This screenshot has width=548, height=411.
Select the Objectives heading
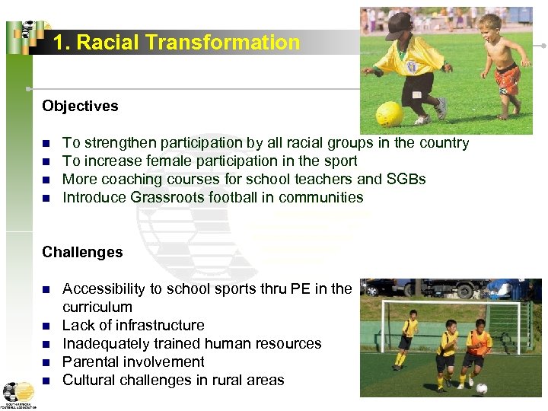[x=80, y=106]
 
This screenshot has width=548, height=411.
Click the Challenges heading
[x=82, y=252]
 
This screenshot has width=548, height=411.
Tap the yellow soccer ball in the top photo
[x=390, y=113]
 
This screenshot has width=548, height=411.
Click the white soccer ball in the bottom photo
[x=482, y=387]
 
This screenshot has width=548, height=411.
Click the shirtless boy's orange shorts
[x=508, y=77]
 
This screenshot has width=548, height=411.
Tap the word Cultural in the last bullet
[x=91, y=380]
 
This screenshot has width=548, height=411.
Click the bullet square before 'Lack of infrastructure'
[x=46, y=326]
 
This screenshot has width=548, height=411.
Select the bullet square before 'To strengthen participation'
[x=46, y=143]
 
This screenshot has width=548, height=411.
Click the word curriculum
[x=97, y=307]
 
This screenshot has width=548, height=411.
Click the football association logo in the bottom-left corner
[x=18, y=394]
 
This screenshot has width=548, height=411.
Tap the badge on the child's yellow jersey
[x=412, y=68]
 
